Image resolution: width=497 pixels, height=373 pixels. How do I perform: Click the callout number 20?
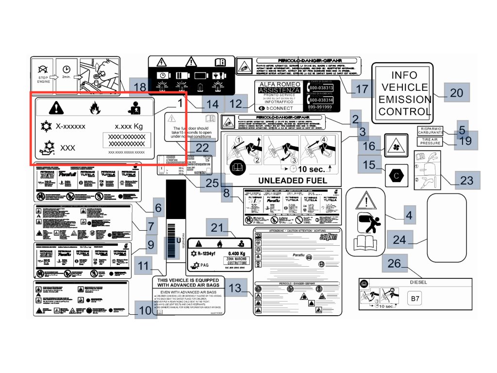tap(457, 92)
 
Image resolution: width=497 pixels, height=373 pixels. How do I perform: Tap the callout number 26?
tap(395, 264)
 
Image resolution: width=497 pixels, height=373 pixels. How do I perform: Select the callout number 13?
tap(235, 288)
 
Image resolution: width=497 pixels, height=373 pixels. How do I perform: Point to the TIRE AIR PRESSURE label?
tap(431, 141)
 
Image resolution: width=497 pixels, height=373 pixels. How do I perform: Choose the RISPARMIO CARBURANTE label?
tap(431, 130)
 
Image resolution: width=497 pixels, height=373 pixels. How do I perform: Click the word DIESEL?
tap(418, 282)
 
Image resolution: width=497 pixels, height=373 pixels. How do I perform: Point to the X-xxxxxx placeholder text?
tap(70, 126)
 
